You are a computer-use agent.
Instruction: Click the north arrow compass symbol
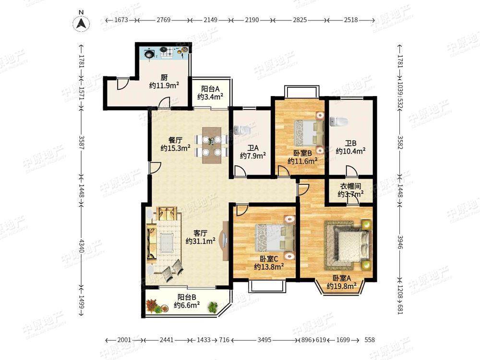82,23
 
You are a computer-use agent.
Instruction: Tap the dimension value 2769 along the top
164,20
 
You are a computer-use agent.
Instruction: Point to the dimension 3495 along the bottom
264,340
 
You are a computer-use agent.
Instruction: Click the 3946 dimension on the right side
399,242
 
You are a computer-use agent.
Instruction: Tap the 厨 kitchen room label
164,78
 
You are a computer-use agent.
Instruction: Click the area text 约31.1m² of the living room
200,241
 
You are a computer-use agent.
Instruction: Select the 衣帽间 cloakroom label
350,186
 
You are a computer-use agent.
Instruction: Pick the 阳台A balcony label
210,89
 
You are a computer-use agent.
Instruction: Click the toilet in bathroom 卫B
339,121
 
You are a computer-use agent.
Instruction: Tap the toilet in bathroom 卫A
242,130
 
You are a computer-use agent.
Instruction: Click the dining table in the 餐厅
212,145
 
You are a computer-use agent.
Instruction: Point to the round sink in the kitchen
149,54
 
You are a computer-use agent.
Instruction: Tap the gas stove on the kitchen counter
167,52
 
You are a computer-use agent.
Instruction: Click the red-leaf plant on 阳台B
151,305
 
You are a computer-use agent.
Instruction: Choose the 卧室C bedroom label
269,259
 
